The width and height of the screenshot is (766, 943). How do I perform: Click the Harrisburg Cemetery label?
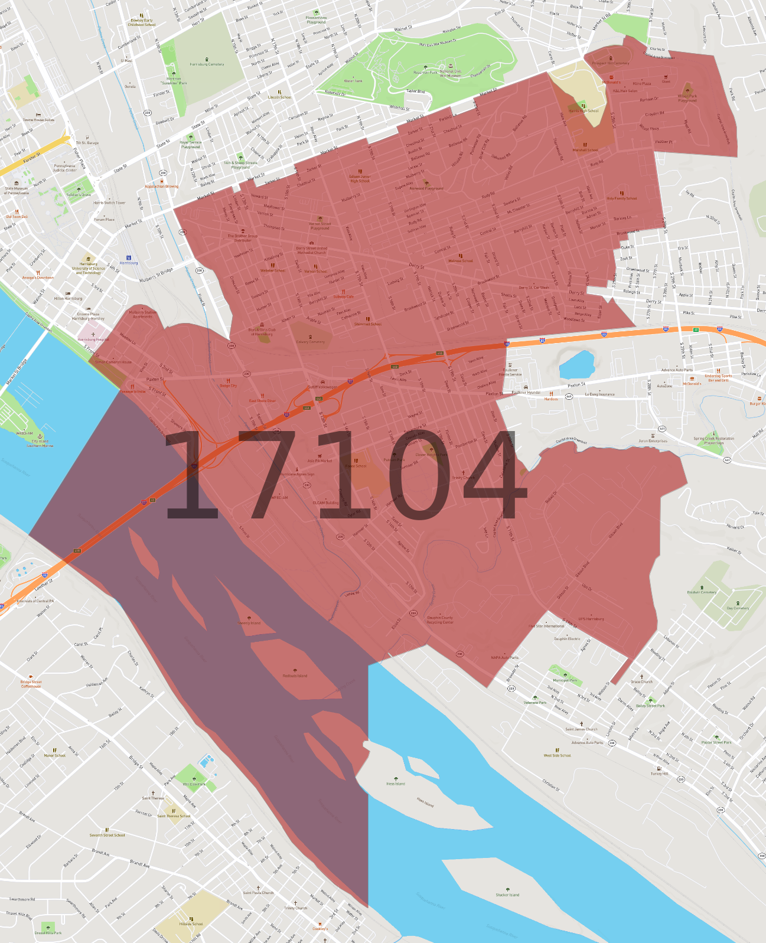pos(207,64)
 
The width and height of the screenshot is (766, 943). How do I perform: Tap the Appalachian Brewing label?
pos(161,187)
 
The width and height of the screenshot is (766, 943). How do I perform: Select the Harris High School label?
pos(584,110)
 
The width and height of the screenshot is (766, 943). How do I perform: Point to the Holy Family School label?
pos(622,198)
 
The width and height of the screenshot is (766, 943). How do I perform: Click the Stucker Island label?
pos(507,895)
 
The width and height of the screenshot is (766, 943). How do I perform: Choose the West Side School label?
pos(557,755)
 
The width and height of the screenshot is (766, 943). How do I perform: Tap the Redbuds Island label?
pos(295,676)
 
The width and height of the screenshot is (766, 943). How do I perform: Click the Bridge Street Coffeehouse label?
pos(31,684)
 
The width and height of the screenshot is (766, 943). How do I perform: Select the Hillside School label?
pos(191,924)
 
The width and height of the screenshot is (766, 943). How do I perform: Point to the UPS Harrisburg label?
pos(591,619)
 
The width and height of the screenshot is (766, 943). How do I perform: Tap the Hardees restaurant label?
pos(551,399)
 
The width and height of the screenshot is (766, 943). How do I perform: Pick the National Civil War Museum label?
pos(450,73)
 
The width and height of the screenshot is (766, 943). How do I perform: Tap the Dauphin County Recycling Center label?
pos(440,620)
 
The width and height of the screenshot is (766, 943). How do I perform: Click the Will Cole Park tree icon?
pos(194,779)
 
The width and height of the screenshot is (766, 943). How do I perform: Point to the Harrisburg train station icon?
pos(129,258)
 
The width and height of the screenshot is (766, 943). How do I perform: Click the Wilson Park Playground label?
pos(687,98)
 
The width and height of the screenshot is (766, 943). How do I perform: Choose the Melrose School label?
pos(461,260)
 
